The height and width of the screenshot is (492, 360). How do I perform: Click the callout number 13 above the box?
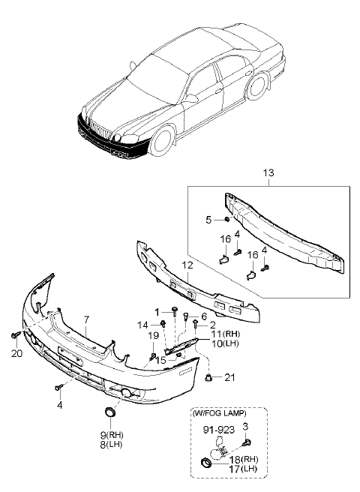tap(268, 173)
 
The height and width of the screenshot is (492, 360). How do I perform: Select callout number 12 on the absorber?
tap(187, 266)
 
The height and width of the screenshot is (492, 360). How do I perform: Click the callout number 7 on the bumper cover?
tap(86, 319)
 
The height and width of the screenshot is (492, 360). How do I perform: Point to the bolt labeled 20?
tap(15, 335)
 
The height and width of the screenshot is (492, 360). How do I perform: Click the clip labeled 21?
tap(208, 378)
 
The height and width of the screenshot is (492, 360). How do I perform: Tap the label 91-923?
tap(218, 430)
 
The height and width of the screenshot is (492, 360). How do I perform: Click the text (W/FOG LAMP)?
tap(220, 413)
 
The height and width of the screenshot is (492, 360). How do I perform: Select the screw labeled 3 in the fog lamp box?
tap(247, 443)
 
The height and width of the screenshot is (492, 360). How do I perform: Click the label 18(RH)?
tap(244, 460)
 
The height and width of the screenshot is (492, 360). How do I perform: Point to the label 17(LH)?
tap(243, 469)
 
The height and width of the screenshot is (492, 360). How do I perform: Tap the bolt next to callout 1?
tap(174, 311)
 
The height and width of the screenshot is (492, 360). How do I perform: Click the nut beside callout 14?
tap(163, 323)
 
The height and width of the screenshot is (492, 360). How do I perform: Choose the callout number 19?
tap(154, 336)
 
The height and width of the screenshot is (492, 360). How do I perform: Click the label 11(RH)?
tap(225, 334)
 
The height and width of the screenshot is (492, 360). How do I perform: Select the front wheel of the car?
tap(162, 140)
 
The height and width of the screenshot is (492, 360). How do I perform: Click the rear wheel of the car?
tap(256, 85)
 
